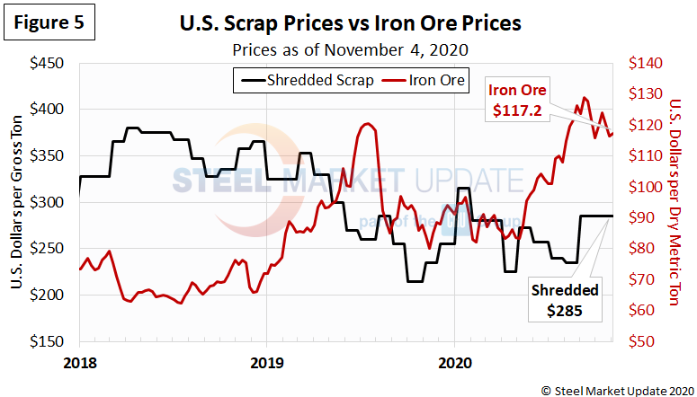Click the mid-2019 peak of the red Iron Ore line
pos(367,124)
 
